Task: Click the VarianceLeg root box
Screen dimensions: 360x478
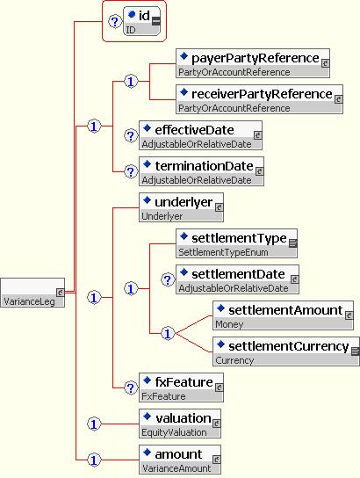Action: click(32, 293)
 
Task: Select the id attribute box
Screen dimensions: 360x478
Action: click(141, 21)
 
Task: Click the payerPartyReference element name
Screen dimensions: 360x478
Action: click(256, 58)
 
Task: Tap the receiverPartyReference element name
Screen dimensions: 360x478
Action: click(262, 94)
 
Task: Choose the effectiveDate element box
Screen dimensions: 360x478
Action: click(201, 135)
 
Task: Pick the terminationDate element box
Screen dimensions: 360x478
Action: click(202, 171)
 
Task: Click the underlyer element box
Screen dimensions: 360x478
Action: click(181, 207)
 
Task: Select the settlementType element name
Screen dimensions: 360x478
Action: click(239, 238)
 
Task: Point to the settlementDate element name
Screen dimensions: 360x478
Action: click(238, 274)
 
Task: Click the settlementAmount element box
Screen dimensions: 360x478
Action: click(284, 315)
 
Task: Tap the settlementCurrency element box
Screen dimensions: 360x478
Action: click(286, 351)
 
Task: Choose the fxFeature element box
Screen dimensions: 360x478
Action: click(181, 387)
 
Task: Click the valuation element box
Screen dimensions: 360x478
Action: click(180, 424)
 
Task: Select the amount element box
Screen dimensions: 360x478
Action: click(180, 460)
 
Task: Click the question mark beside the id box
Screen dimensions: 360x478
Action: click(115, 22)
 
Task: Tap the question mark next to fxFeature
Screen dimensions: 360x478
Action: click(131, 387)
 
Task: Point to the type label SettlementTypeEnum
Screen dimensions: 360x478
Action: click(223, 252)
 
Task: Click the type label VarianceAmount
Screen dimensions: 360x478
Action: click(176, 468)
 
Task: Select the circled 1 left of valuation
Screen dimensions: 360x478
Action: click(94, 424)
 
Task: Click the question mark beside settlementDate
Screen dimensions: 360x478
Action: click(168, 279)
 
